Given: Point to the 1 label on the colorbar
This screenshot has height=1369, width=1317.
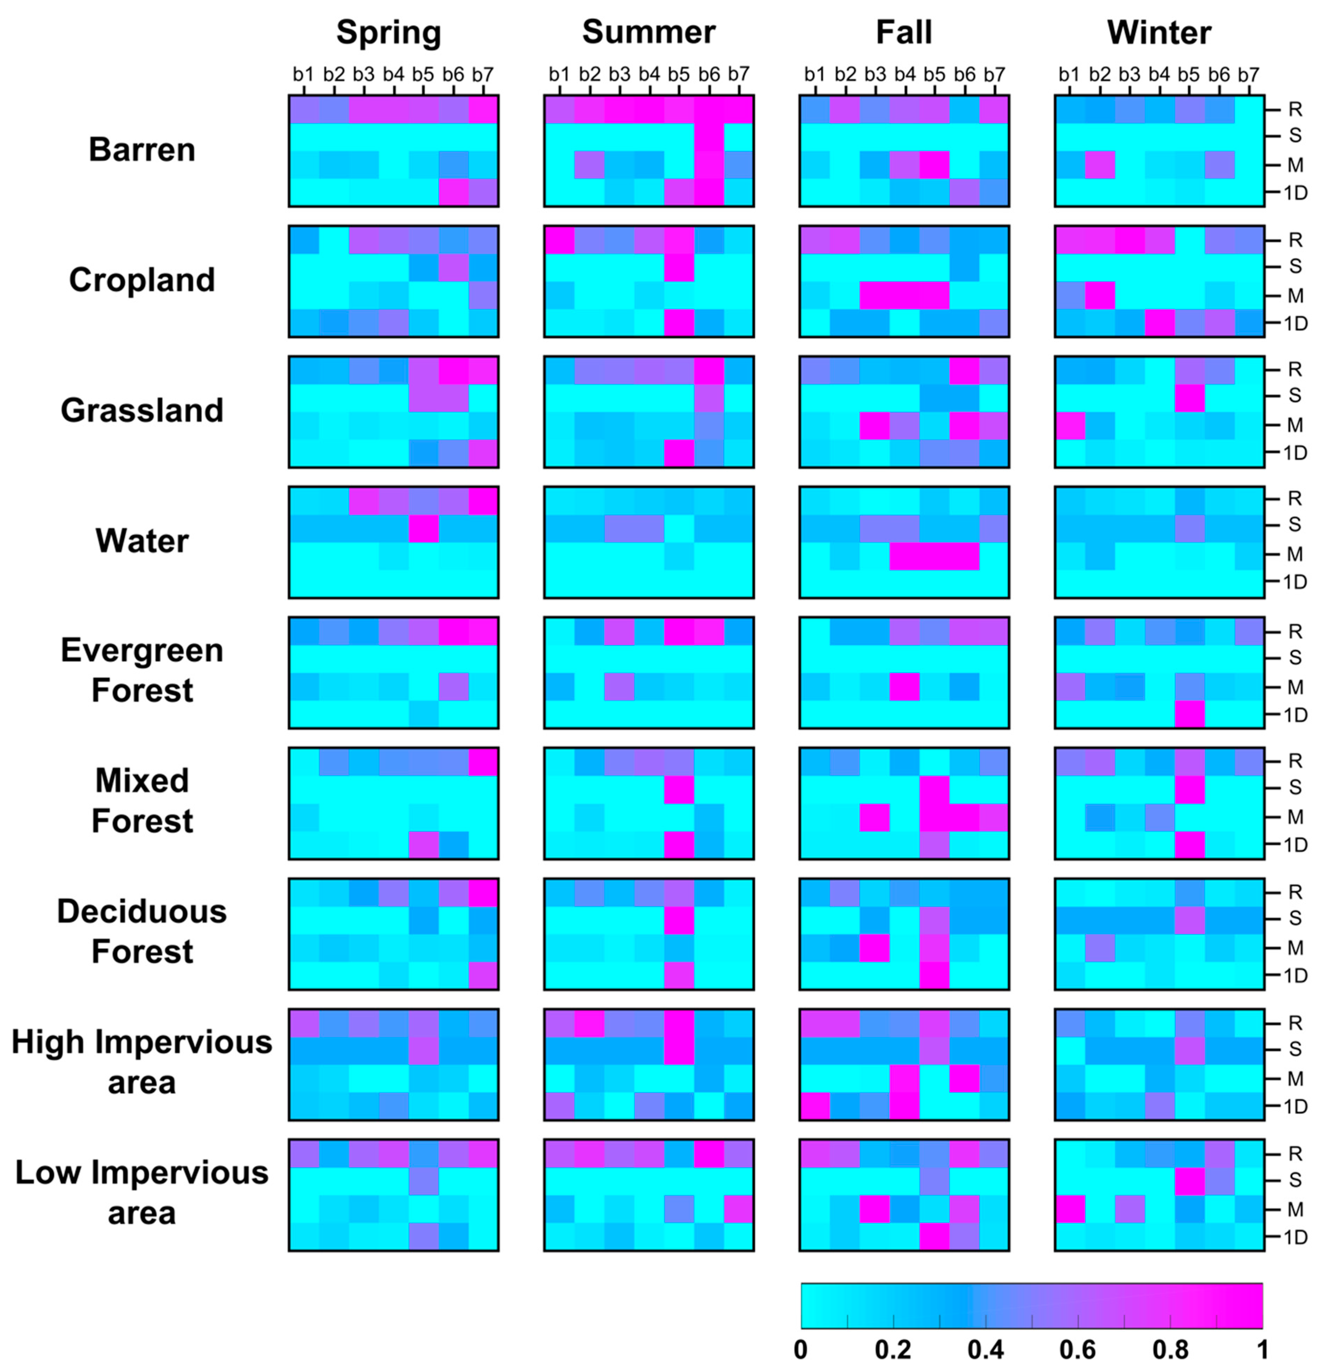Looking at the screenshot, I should pyautogui.click(x=1262, y=1349).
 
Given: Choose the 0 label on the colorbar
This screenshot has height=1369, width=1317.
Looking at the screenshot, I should pyautogui.click(x=801, y=1349).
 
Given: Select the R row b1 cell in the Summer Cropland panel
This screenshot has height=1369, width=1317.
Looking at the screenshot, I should pyautogui.click(x=559, y=240).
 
